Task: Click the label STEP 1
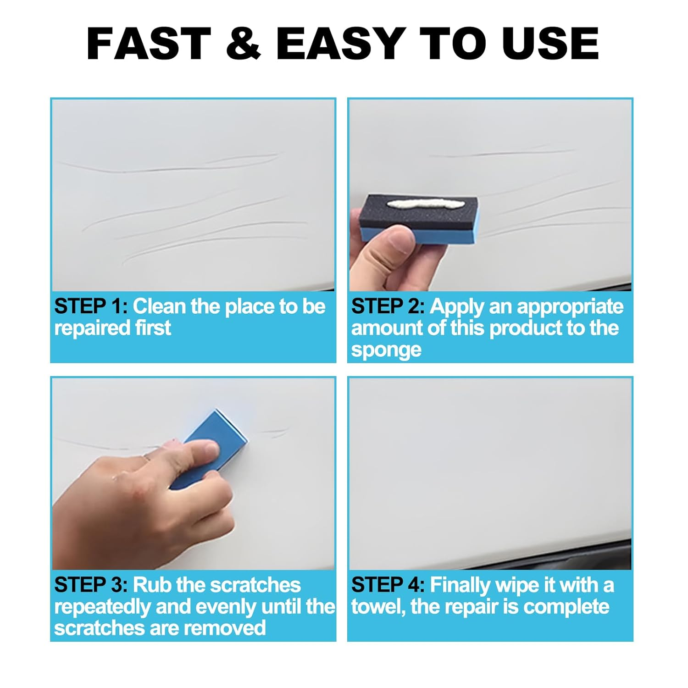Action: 90,306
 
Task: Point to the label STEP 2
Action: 388,306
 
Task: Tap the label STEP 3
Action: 90,585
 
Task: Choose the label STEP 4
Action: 388,585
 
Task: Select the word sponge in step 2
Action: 386,350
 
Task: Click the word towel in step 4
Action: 378,607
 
